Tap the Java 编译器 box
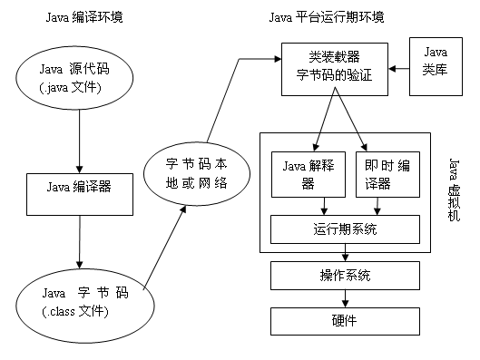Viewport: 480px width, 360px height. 81,189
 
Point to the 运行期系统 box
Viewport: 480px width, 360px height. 346,229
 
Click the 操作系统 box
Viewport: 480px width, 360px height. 345,275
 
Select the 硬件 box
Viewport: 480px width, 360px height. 345,320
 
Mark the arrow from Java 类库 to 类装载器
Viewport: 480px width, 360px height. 400,68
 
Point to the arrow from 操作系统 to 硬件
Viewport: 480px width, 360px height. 345,297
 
